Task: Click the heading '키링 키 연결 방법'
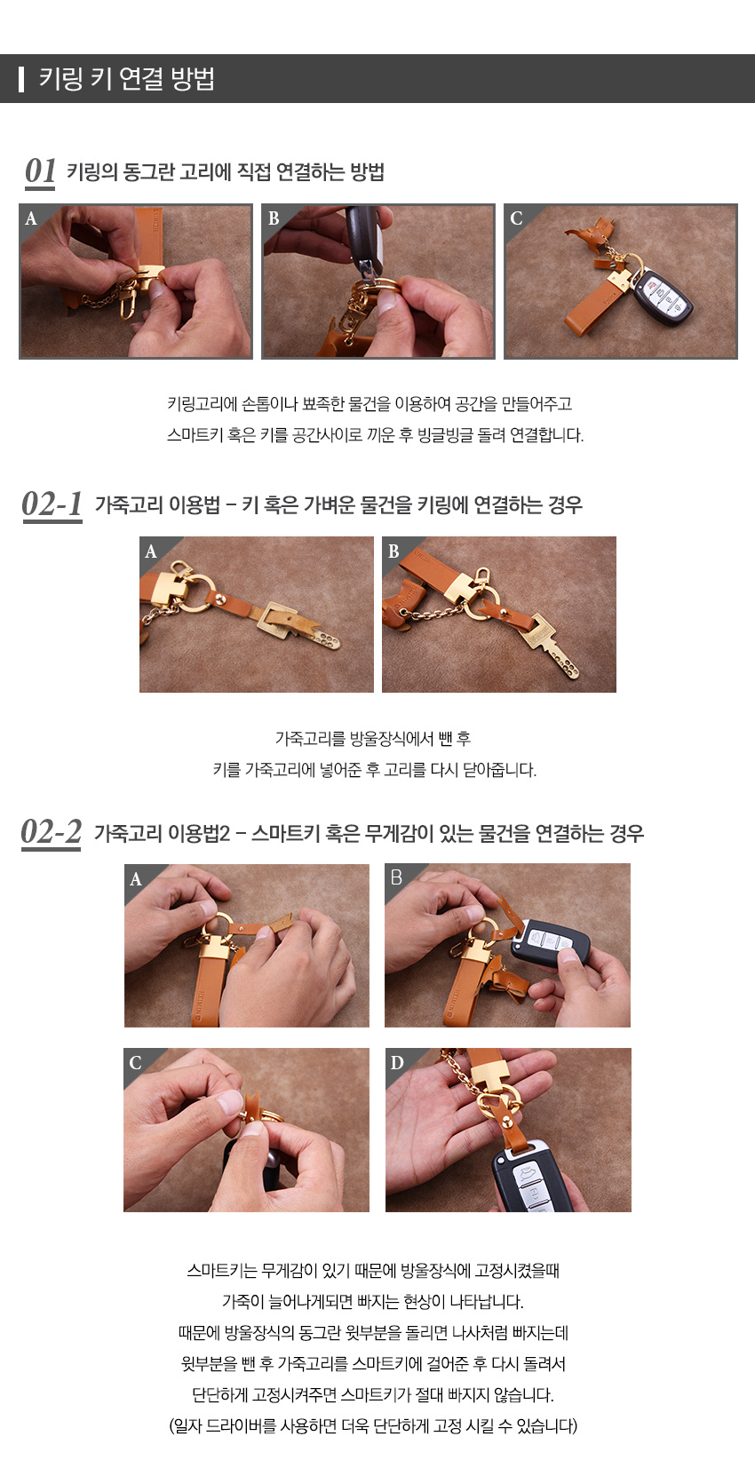(126, 79)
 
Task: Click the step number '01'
(40, 171)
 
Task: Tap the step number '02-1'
(52, 504)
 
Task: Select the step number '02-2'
(51, 832)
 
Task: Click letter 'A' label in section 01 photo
(31, 218)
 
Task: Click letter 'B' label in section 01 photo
(274, 218)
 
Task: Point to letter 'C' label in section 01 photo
(516, 218)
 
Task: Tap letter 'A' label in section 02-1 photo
(151, 551)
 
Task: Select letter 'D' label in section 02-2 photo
(397, 1063)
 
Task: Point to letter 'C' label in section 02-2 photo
(135, 1063)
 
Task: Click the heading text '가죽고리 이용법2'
(162, 833)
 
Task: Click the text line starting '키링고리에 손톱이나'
(370, 404)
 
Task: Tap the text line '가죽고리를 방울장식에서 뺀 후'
(373, 738)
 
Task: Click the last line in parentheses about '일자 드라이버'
(373, 1426)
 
